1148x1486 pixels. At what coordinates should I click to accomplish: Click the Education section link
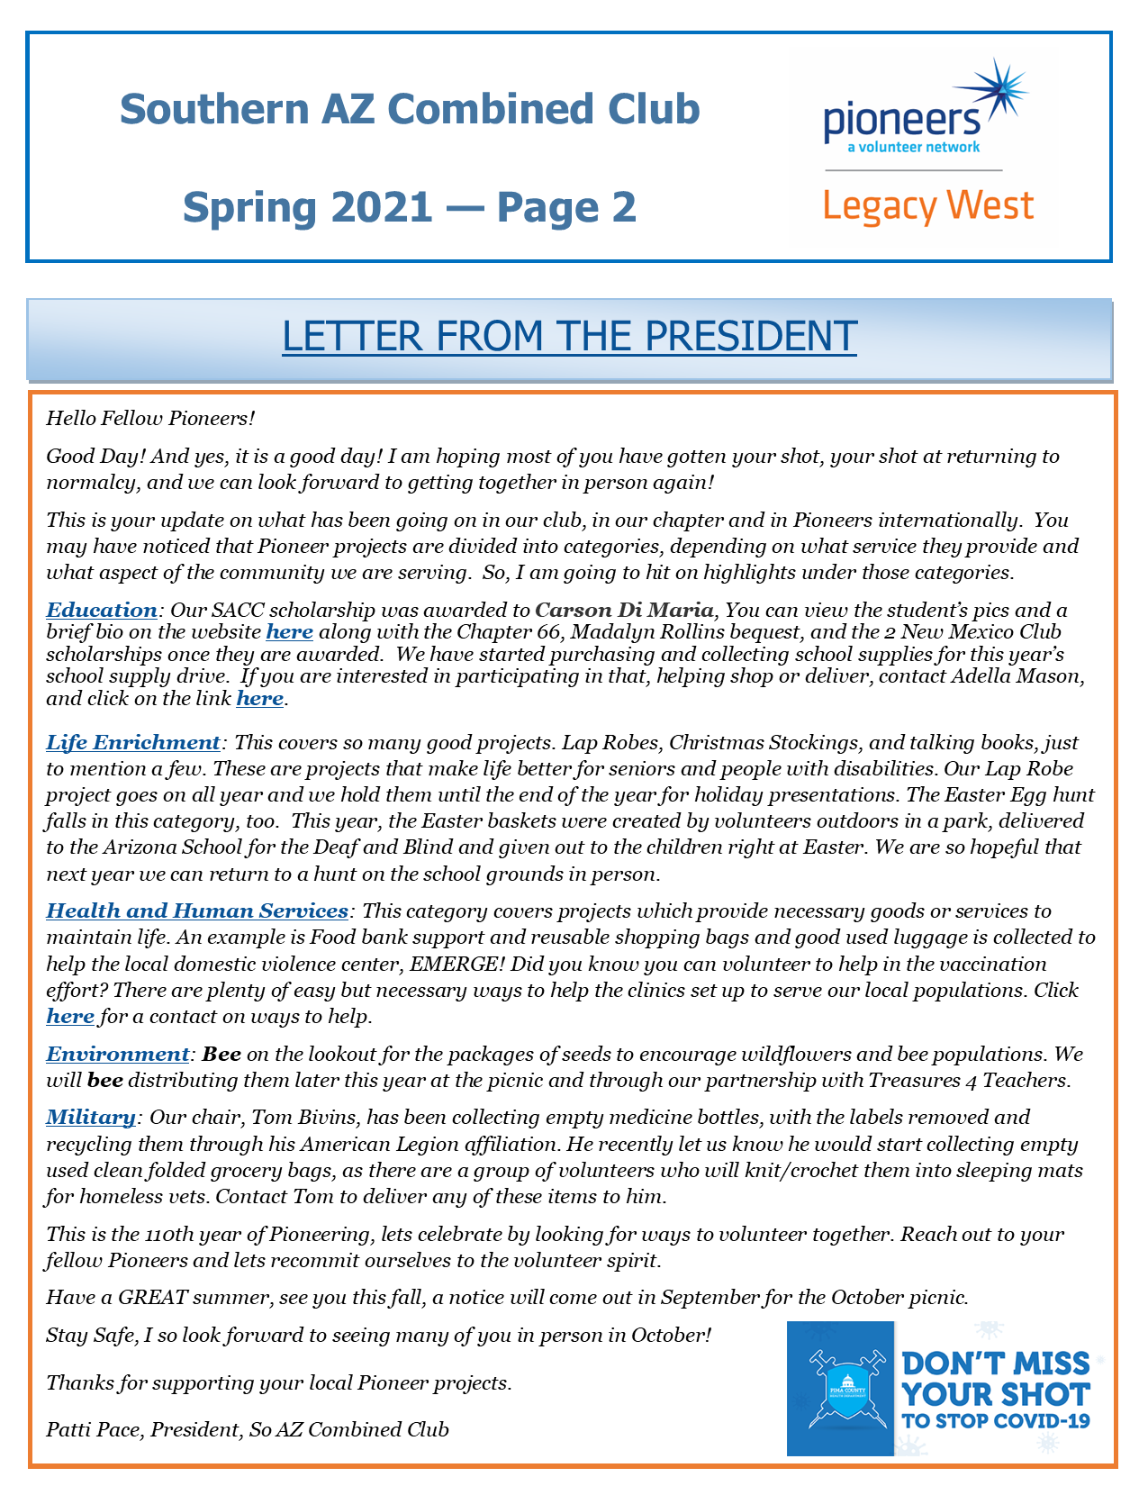[102, 610]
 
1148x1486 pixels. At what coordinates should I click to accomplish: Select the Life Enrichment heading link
[133, 742]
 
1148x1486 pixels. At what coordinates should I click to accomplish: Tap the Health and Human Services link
[197, 911]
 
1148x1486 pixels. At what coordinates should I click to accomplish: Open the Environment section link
[118, 1054]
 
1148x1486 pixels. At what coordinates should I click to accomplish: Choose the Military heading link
[91, 1117]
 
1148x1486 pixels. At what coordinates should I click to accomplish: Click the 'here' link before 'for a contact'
[70, 1017]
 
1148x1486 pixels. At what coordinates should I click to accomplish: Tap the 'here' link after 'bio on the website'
[289, 631]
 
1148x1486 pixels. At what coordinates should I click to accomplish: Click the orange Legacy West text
[928, 207]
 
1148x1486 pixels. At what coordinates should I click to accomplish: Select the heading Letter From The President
[569, 336]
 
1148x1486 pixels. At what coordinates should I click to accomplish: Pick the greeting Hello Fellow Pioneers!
[150, 418]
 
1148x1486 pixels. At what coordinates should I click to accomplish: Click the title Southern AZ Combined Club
[410, 109]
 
